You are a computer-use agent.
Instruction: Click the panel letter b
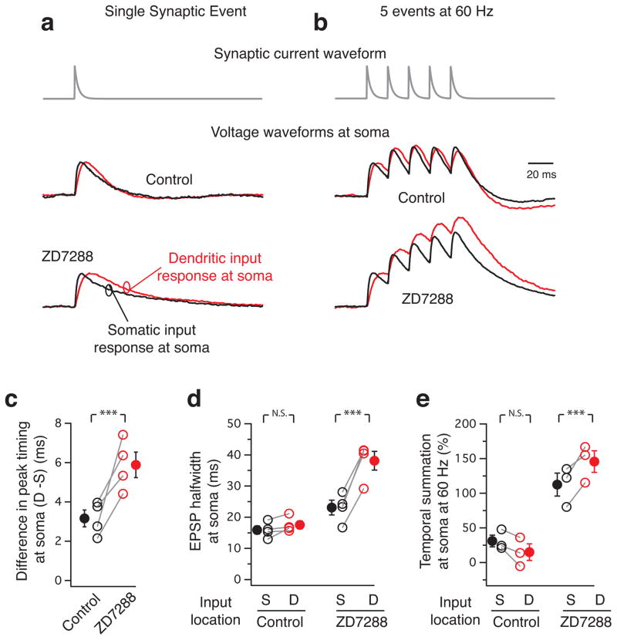(321, 23)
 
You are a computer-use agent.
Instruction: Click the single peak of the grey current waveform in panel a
(75, 68)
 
